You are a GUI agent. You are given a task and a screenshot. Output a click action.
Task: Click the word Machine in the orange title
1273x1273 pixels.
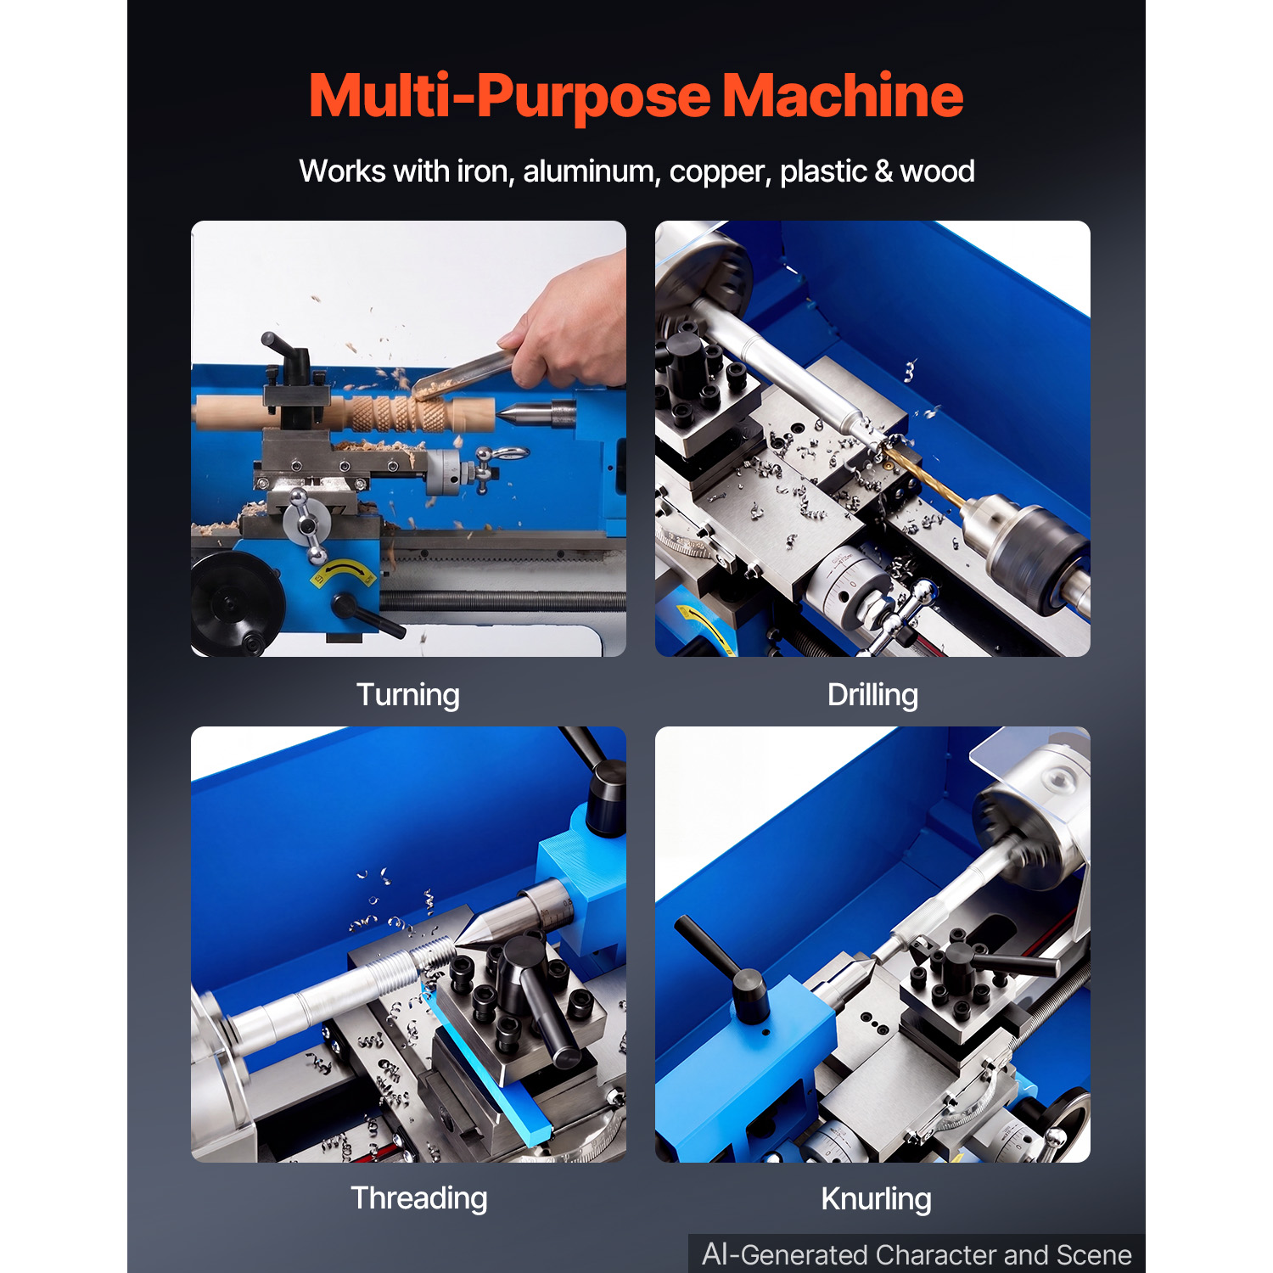pos(843,95)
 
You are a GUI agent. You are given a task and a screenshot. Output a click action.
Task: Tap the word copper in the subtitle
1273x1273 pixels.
pos(717,172)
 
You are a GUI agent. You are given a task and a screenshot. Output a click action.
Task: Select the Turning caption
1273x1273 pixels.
pos(408,695)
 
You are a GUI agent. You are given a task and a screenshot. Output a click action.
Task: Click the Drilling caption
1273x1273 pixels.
pos(872,695)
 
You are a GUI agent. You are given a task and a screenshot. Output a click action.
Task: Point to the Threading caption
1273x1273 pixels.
pos(419,1198)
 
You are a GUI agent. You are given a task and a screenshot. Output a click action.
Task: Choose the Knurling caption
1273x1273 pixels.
pos(876,1199)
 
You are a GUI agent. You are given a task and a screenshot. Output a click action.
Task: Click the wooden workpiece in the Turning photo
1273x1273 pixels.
pos(344,412)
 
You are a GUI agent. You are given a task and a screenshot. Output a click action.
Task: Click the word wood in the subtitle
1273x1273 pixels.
pos(937,171)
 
